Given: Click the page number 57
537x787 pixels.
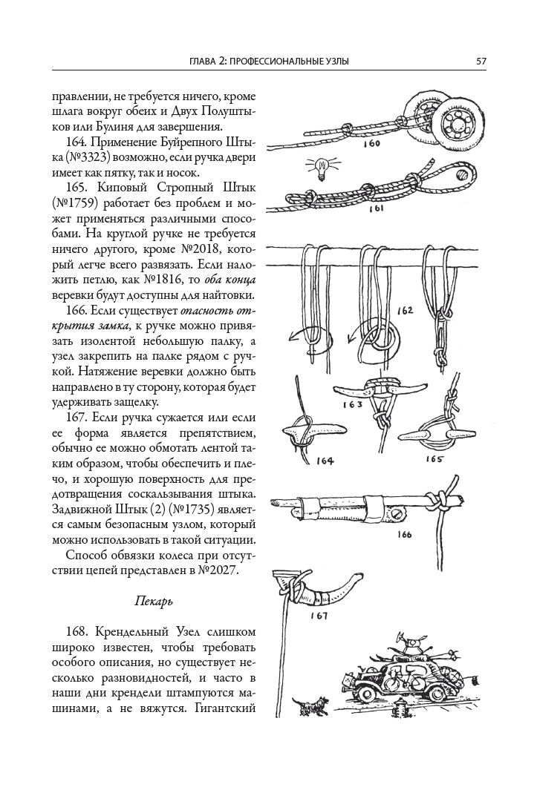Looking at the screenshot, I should [x=481, y=61].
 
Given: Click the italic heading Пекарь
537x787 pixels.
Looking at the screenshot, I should [x=154, y=602].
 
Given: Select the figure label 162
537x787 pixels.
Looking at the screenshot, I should [x=405, y=310].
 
